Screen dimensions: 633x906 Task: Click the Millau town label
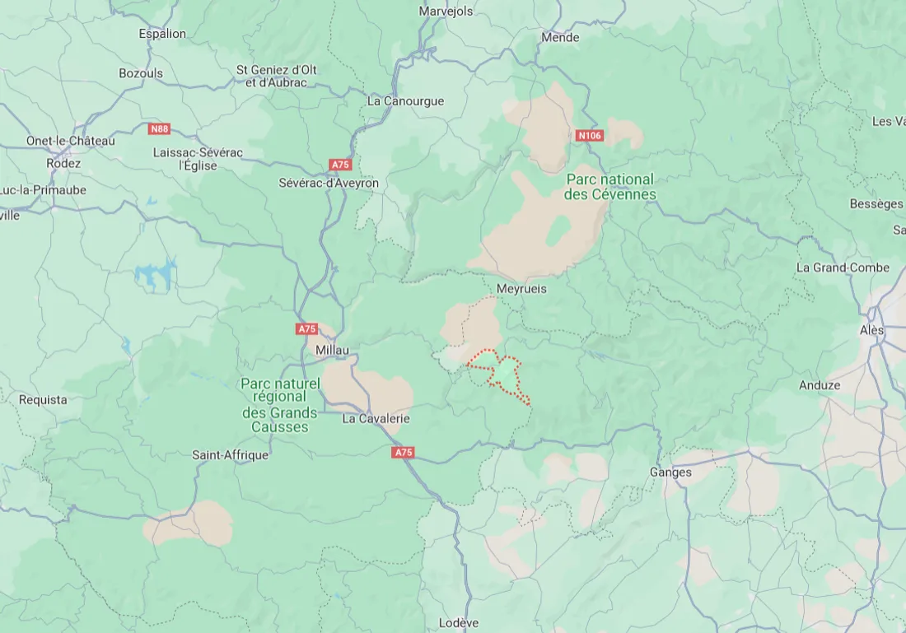pyautogui.click(x=333, y=351)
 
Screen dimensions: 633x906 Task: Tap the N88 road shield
pyautogui.click(x=159, y=128)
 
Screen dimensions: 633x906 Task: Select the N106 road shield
pyautogui.click(x=590, y=136)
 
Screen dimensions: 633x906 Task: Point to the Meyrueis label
pyautogui.click(x=521, y=289)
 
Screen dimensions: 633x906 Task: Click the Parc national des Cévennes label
pyautogui.click(x=609, y=187)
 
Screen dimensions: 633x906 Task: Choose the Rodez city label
pyautogui.click(x=63, y=163)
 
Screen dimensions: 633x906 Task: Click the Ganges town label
pyautogui.click(x=670, y=472)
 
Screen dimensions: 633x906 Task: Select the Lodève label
pyautogui.click(x=459, y=622)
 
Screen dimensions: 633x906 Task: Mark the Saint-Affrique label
pyautogui.click(x=230, y=454)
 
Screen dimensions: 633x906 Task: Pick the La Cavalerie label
pyautogui.click(x=376, y=418)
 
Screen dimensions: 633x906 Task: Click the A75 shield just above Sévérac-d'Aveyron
pyautogui.click(x=340, y=165)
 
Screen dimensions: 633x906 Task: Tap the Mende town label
pyautogui.click(x=560, y=37)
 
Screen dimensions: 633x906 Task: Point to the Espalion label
pyautogui.click(x=162, y=34)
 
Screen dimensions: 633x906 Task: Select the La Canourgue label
pyautogui.click(x=405, y=101)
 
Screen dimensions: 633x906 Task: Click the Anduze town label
pyautogui.click(x=820, y=385)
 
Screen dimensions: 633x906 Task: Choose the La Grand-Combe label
pyautogui.click(x=843, y=268)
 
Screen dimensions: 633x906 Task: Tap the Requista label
pyautogui.click(x=43, y=399)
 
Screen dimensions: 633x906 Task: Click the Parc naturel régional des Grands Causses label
pyautogui.click(x=279, y=405)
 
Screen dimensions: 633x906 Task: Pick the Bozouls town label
pyautogui.click(x=141, y=73)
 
